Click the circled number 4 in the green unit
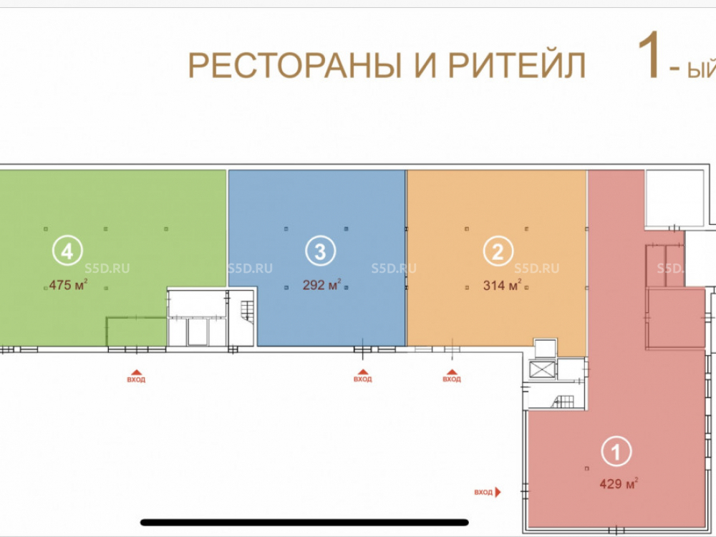67,251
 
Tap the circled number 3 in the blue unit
320,251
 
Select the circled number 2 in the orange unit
498,251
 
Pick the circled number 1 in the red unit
616,452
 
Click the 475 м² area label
68,285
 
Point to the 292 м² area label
321,285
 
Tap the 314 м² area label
503,286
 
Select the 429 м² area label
619,483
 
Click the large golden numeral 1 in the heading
649,55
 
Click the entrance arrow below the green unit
136,372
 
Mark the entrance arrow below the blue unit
362,372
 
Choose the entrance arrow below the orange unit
452,372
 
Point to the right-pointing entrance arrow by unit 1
498,492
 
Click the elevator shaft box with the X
542,369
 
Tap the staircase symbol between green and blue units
247,311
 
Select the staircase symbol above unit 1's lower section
563,402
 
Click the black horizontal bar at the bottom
304,523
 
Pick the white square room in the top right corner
674,198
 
